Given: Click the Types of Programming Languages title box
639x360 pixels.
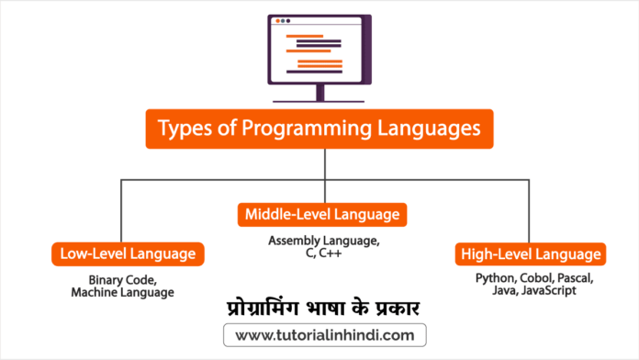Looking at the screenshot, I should (x=319, y=129).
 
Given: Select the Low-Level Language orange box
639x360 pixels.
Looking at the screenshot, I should (x=128, y=253).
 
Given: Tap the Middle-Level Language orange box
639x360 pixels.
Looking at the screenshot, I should (x=322, y=215).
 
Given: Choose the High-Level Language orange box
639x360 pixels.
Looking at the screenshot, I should (x=529, y=253).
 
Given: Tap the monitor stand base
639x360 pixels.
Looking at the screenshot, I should (x=319, y=98).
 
